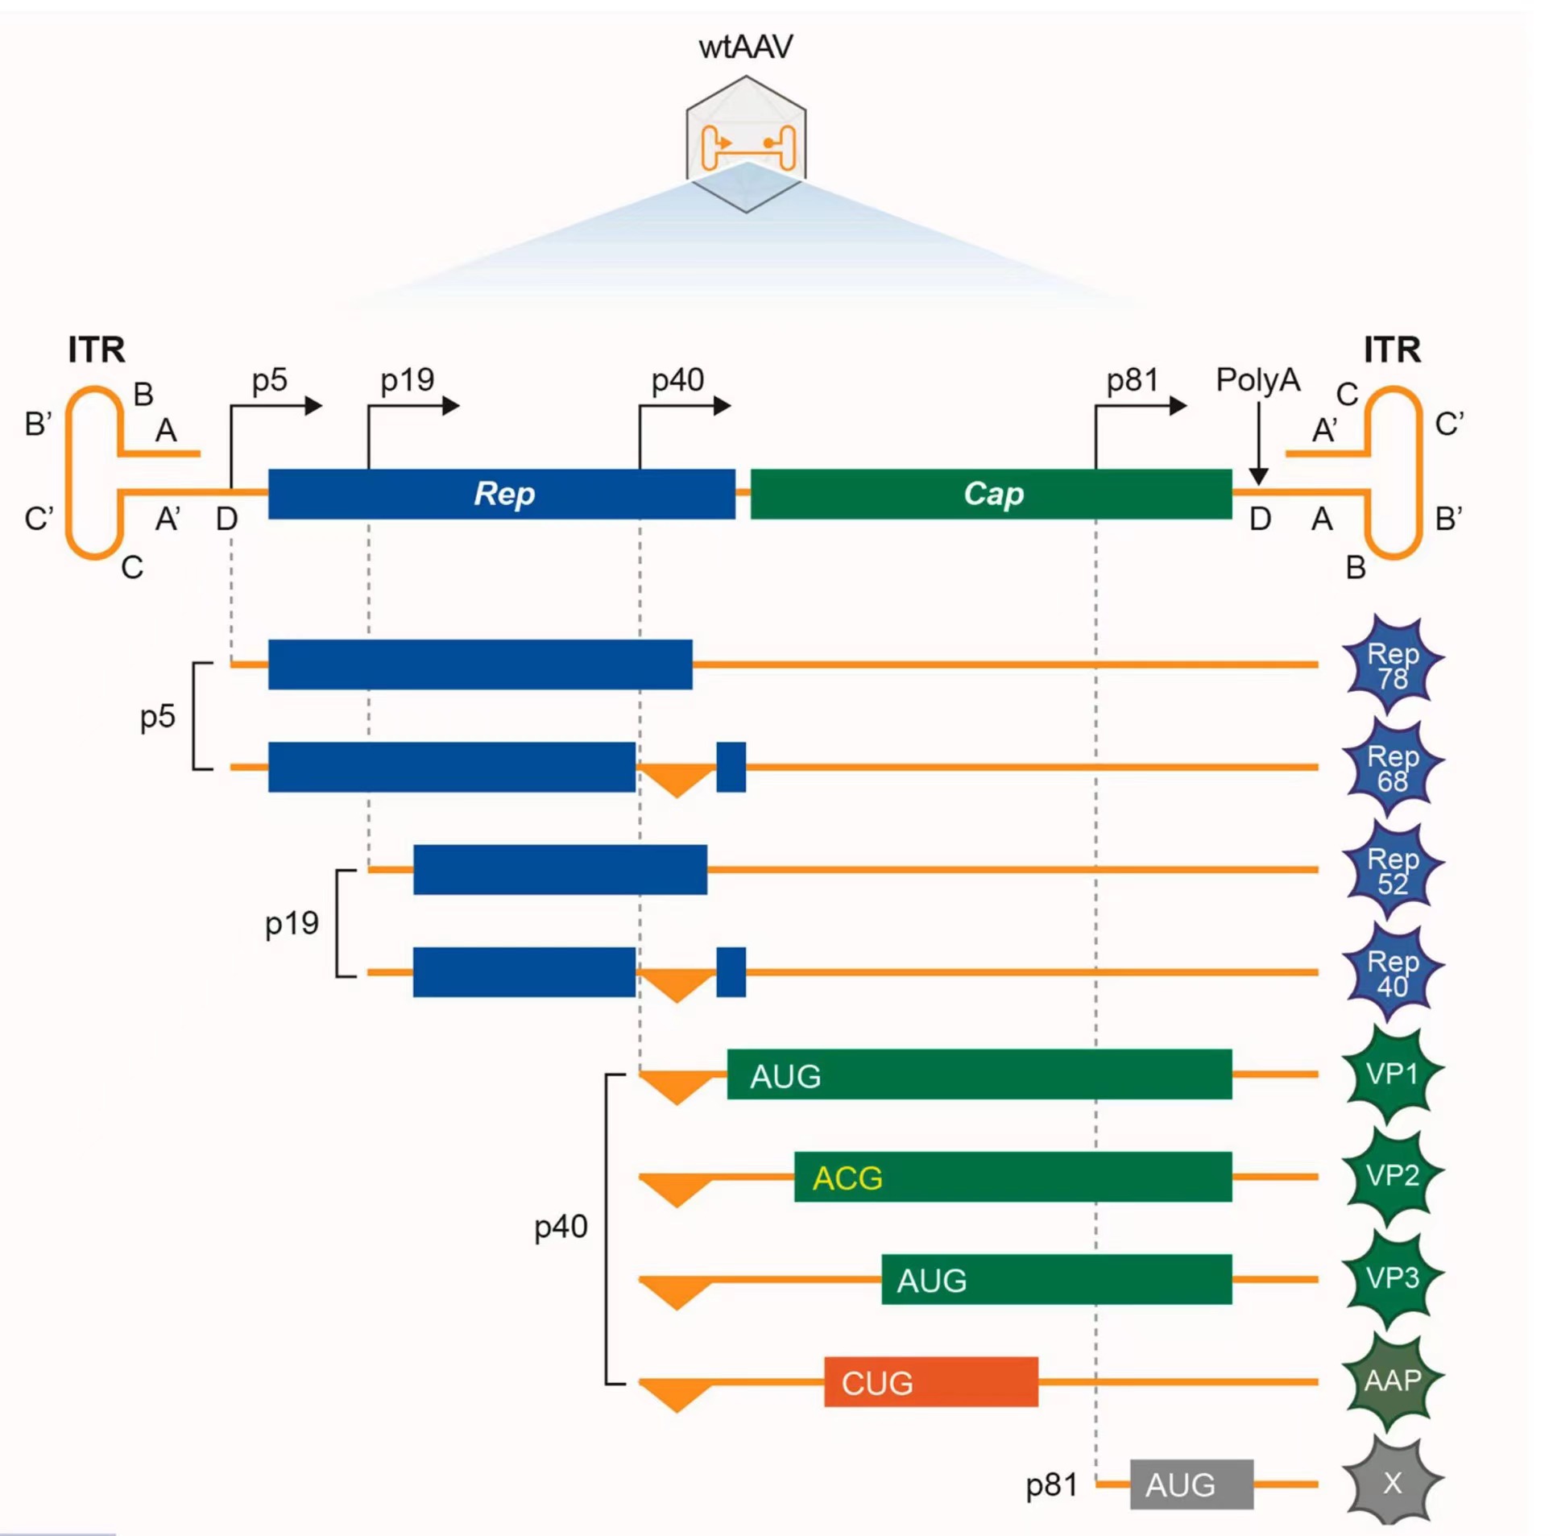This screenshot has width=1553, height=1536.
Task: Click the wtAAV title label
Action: [745, 47]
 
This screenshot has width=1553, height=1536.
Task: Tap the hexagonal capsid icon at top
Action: [746, 143]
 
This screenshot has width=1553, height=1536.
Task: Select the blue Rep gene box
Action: [501, 494]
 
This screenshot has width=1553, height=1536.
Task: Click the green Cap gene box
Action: [991, 494]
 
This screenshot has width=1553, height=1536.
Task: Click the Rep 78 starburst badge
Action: [1393, 665]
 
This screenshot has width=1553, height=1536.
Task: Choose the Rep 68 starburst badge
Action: [1393, 768]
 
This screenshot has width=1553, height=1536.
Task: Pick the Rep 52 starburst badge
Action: [1393, 870]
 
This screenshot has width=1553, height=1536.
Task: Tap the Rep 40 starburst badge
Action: [1393, 972]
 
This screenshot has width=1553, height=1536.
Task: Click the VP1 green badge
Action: [1393, 1074]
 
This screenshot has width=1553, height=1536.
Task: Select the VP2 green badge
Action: [1393, 1177]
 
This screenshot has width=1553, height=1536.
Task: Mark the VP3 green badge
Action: [1393, 1279]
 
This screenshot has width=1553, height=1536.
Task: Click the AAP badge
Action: [1393, 1381]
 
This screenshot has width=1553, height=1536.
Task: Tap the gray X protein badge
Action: [1393, 1484]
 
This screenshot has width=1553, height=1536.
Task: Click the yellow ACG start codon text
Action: [847, 1178]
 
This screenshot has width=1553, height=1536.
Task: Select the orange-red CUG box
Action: [930, 1382]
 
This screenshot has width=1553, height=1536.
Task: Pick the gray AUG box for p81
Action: [1191, 1484]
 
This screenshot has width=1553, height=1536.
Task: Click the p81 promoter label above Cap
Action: [1132, 380]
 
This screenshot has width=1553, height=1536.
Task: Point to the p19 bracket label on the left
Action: [292, 923]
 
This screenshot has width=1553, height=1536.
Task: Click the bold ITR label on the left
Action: [97, 350]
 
